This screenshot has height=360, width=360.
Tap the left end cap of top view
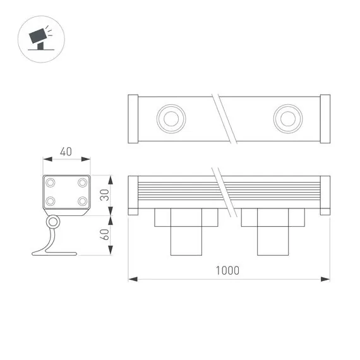(133, 118)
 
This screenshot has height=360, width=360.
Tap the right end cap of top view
(325, 118)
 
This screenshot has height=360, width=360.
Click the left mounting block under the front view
(186, 231)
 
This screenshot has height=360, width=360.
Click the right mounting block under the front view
(273, 231)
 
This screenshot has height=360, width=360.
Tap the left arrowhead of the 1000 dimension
(131, 278)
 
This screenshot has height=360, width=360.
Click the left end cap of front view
(133, 195)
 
